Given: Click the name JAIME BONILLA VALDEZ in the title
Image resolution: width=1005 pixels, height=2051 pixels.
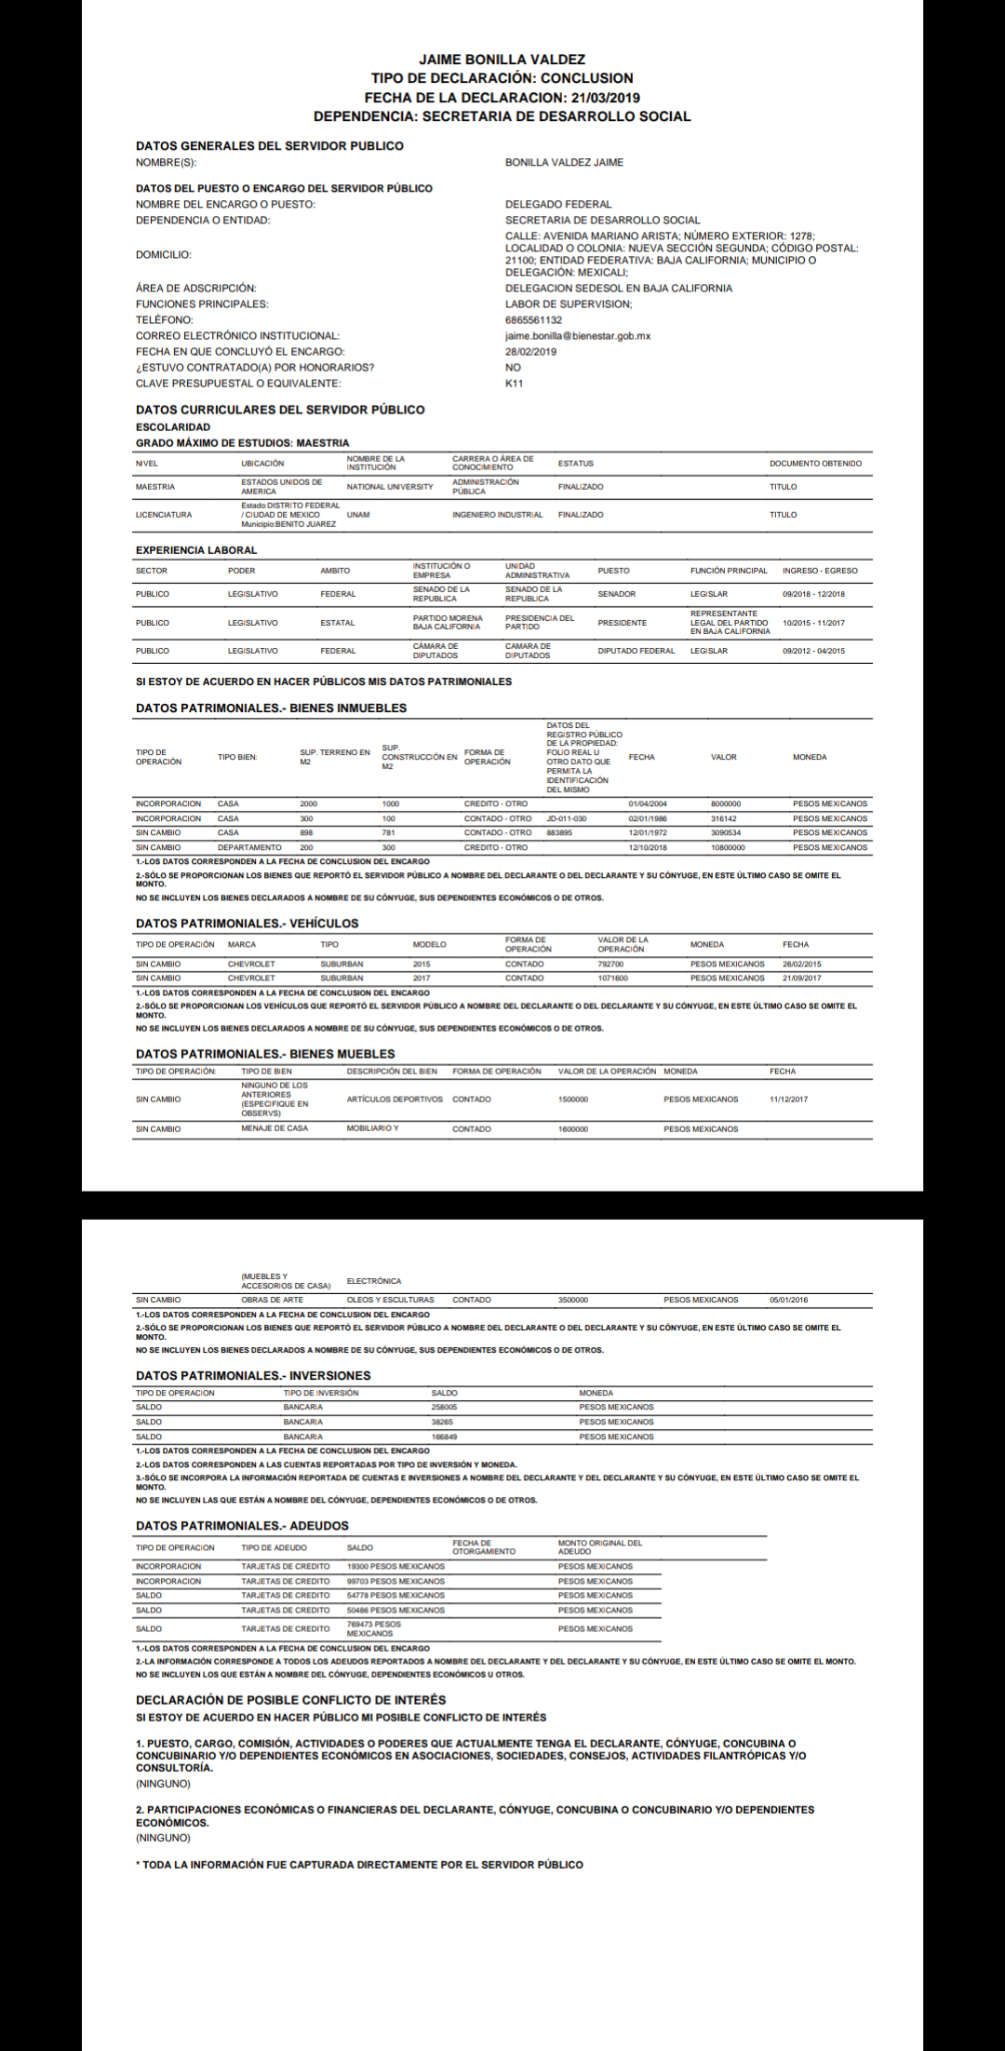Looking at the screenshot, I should pos(502,60).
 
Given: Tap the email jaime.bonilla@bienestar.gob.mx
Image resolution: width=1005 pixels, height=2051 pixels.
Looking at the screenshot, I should pos(578,336).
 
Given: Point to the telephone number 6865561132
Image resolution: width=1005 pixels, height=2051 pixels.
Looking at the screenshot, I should pos(533,320).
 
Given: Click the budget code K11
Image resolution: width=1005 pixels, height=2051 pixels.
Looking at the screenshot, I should pos(514,384).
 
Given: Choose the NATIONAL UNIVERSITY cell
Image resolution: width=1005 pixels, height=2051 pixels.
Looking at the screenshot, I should pos(390,487).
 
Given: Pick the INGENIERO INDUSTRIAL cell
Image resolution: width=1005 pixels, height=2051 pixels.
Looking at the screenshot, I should pos(497,515).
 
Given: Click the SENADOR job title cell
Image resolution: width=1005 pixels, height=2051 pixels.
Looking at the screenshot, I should pos(617,594).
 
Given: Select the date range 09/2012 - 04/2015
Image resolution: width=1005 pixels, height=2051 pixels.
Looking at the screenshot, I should pos(813,651).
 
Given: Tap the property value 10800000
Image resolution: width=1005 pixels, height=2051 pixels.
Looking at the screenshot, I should pos(728,848).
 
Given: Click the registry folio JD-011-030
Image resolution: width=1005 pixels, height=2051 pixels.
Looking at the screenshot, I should pos(566,819).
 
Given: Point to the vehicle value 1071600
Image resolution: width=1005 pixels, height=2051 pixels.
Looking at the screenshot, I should pos(612,978).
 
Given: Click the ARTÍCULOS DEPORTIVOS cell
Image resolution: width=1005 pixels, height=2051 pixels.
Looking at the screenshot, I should pos(395,1100).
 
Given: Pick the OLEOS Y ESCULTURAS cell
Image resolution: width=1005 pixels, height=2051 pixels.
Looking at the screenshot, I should pos(390,1300).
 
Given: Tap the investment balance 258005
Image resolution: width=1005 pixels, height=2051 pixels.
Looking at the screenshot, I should pos(444,1408).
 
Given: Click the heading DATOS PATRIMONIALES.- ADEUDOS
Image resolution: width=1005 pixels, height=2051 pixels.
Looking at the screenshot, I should pos(242,1526).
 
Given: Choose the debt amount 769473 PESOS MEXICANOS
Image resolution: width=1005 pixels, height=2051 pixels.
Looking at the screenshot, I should pos(373,1629).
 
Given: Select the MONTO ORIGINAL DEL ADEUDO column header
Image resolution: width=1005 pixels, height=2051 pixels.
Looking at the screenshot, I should pos(600,1547).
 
